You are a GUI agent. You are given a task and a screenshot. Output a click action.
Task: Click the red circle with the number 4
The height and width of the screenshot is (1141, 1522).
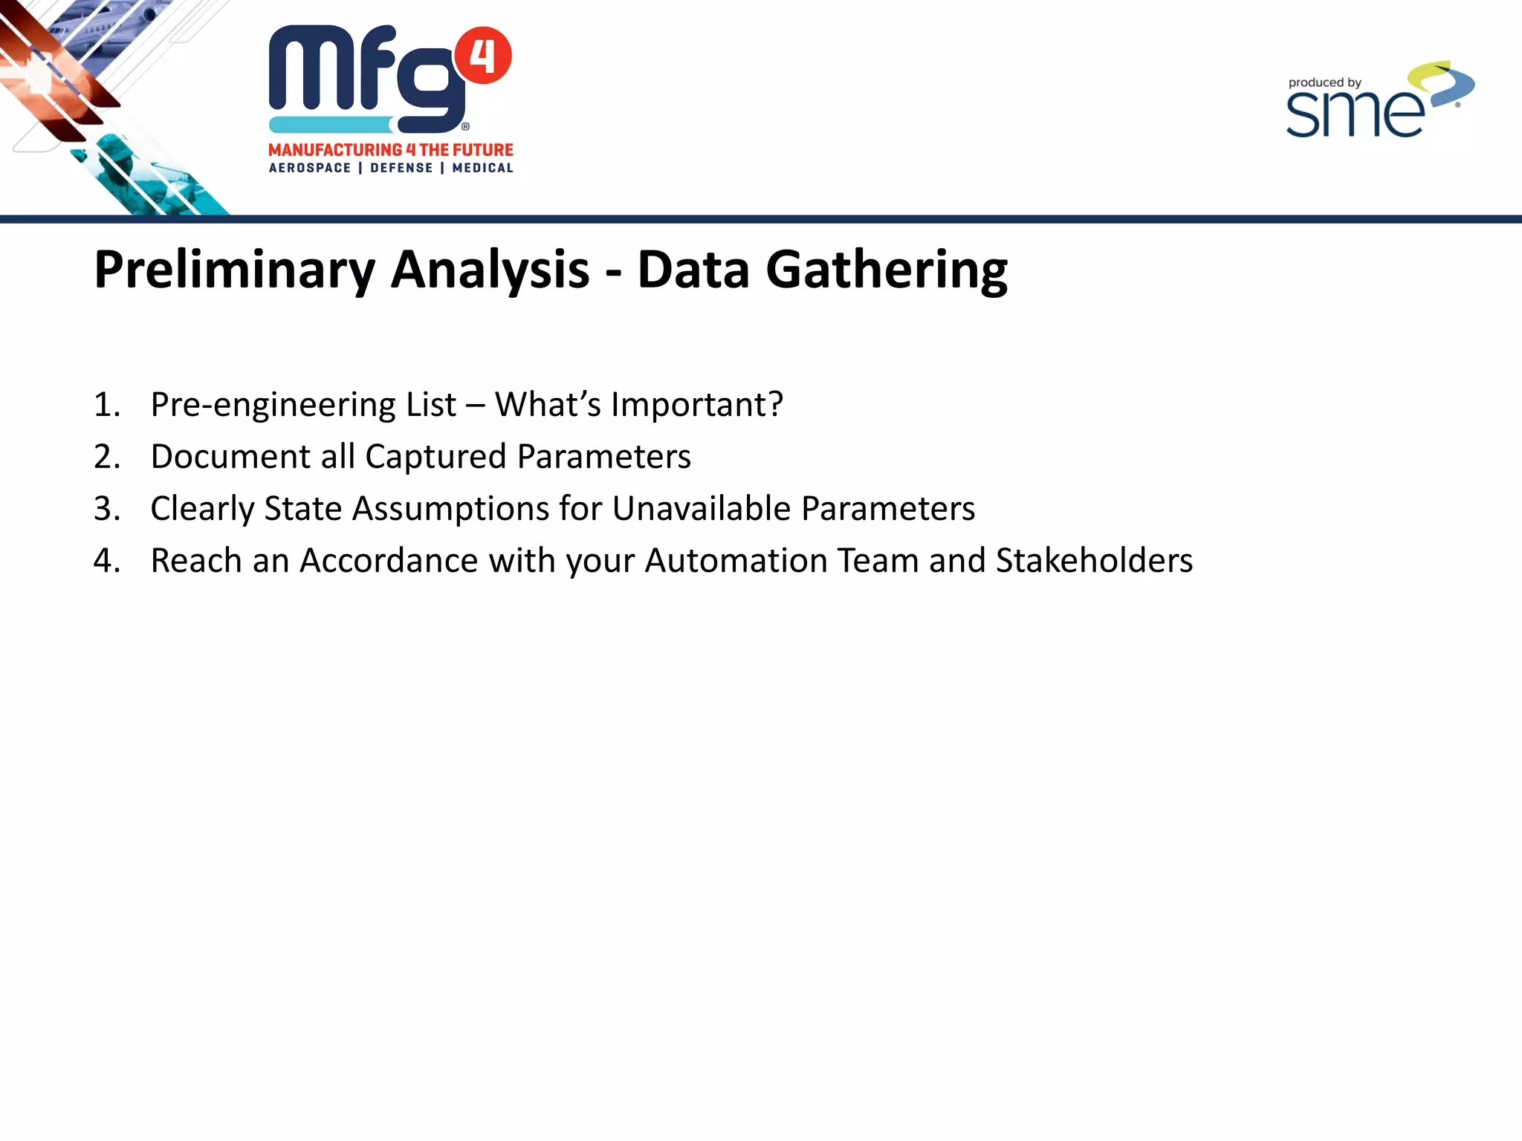click(483, 56)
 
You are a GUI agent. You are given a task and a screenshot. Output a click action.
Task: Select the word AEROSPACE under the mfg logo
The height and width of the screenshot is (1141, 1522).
click(310, 168)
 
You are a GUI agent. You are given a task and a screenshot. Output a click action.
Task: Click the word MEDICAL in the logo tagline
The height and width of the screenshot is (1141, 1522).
click(482, 168)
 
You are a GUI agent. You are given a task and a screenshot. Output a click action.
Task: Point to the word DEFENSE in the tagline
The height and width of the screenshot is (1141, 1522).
click(401, 168)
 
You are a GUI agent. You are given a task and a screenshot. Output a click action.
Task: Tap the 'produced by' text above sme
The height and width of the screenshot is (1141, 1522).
click(1324, 83)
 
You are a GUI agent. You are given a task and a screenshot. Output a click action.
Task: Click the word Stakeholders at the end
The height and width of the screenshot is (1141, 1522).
click(1094, 561)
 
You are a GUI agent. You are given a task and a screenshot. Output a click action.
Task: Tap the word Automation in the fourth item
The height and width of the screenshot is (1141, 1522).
click(736, 561)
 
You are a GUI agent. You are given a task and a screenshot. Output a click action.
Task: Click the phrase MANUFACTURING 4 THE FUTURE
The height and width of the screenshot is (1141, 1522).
click(391, 150)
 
